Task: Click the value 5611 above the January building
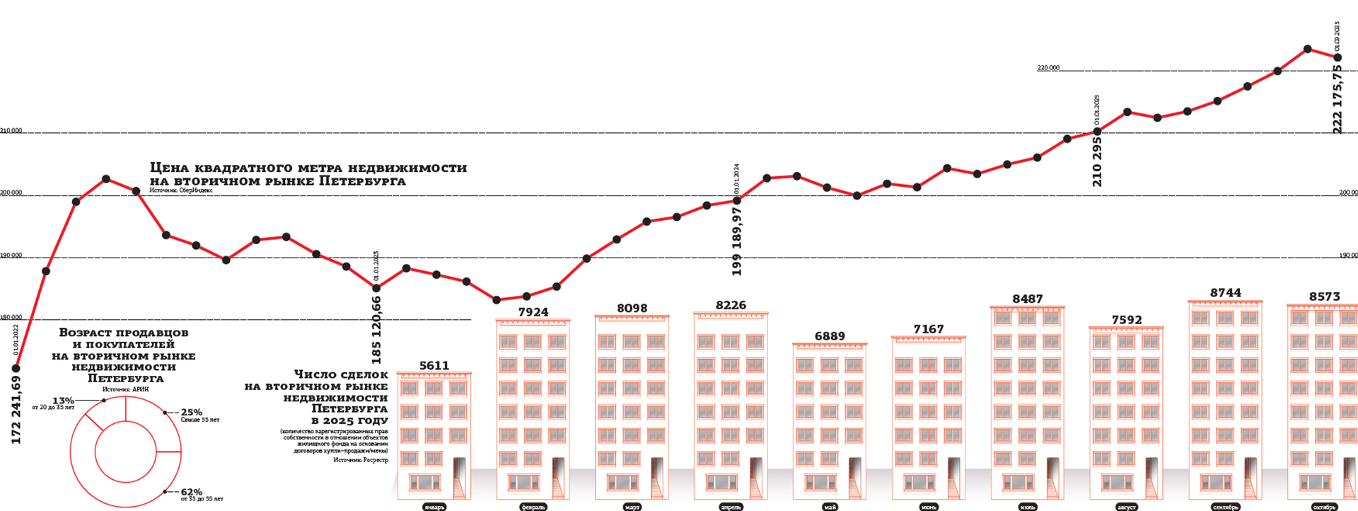434,366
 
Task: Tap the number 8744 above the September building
1226,293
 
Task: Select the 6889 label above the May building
830,336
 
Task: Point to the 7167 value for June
929,329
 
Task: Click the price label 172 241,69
17,410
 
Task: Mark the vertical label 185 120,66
376,330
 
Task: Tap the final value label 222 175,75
1337,99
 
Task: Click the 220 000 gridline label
1048,68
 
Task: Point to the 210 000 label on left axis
11,131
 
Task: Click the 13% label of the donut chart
63,401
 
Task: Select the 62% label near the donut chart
191,492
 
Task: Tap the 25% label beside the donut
191,412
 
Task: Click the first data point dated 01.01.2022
16,368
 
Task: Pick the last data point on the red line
1337,57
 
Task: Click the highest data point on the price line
1308,49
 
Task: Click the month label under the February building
533,507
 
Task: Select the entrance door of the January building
459,477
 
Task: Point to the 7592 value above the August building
1127,320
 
